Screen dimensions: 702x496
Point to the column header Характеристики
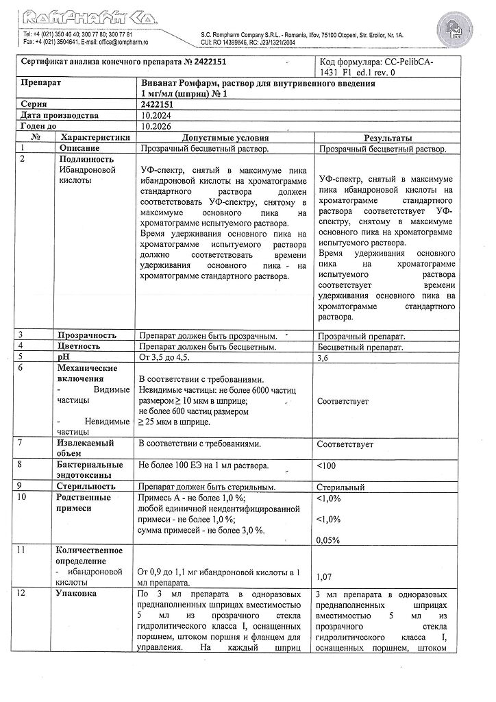[94, 137]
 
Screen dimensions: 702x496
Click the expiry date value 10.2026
[155, 127]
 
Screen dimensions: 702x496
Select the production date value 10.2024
[155, 116]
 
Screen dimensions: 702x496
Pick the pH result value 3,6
[326, 358]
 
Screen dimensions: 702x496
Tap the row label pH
[64, 357]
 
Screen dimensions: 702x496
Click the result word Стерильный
[340, 487]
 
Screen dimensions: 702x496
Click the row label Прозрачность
[87, 336]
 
